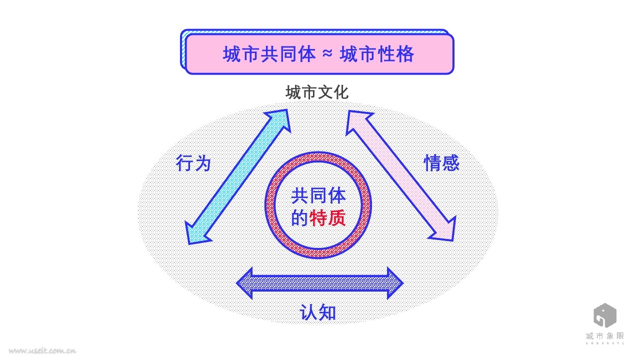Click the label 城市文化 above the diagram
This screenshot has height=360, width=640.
pyautogui.click(x=317, y=93)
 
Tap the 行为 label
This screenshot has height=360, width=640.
pyautogui.click(x=193, y=163)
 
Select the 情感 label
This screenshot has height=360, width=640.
pyautogui.click(x=441, y=163)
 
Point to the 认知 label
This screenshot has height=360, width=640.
pyautogui.click(x=318, y=312)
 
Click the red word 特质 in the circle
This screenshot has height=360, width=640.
pyautogui.click(x=328, y=218)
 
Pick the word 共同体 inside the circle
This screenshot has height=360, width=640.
pyautogui.click(x=318, y=195)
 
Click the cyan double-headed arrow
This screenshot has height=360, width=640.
pyautogui.click(x=237, y=177)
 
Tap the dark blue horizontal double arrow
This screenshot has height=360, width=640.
pyautogui.click(x=319, y=283)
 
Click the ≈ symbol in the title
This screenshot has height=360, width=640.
pyautogui.click(x=327, y=54)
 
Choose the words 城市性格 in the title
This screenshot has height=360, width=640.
pyautogui.click(x=377, y=54)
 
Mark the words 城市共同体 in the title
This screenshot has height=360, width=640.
pyautogui.click(x=269, y=54)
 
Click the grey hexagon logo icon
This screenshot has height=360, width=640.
pyautogui.click(x=604, y=315)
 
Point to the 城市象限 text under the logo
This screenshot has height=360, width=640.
pyautogui.click(x=604, y=337)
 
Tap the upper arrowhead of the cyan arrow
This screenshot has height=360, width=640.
pyautogui.click(x=279, y=119)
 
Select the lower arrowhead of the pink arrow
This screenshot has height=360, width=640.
pyautogui.click(x=445, y=230)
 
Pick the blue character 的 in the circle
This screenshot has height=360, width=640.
pyautogui.click(x=300, y=218)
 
